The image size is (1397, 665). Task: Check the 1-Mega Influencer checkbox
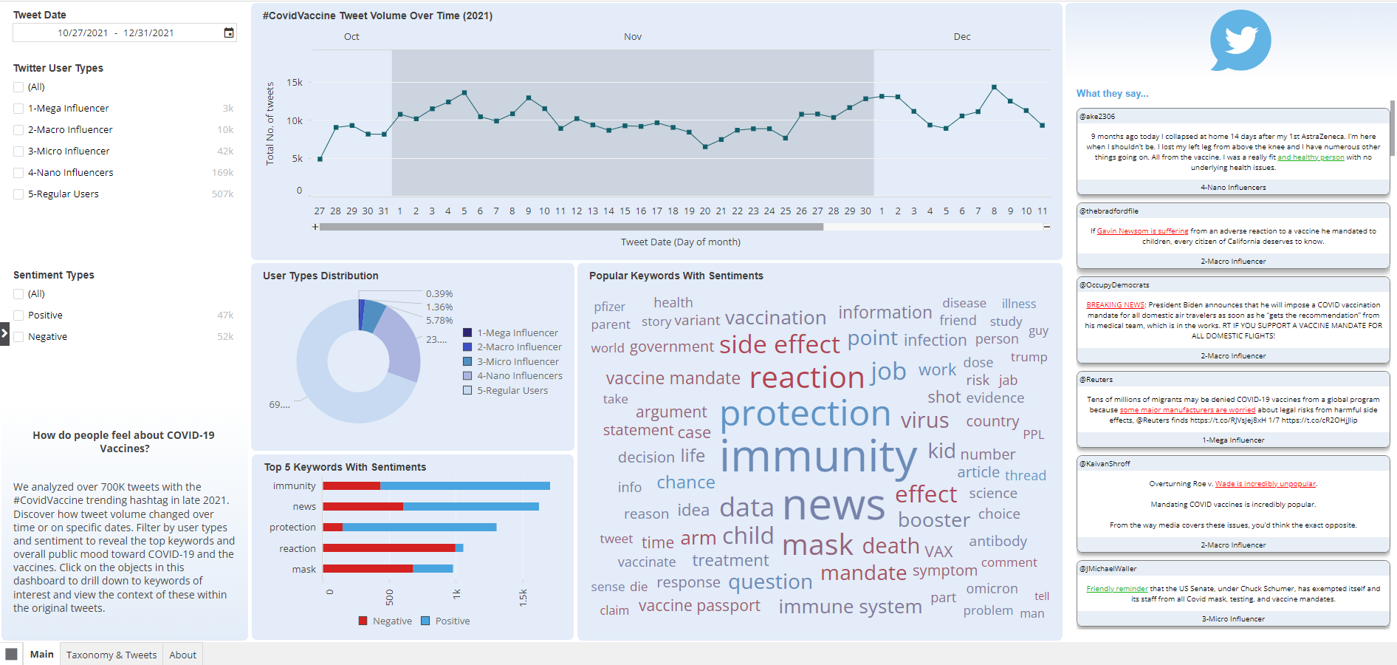point(18,109)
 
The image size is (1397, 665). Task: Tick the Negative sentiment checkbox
point(18,337)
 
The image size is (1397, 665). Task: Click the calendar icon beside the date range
point(229,33)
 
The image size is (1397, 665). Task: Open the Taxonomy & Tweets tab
point(111,655)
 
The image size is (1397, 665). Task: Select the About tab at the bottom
point(182,655)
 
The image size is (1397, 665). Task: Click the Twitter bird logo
point(1240,40)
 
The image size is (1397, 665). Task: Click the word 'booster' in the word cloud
point(933,520)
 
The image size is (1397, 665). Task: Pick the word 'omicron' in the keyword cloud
point(992,589)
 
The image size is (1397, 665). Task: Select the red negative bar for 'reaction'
point(388,548)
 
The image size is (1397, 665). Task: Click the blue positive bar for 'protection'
point(419,528)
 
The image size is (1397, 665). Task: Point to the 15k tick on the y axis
point(295,83)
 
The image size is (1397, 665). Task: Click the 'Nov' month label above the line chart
point(633,37)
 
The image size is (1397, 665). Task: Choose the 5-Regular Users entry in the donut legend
point(512,391)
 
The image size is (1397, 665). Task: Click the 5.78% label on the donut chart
point(439,321)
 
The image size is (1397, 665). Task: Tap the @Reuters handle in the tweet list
point(1096,380)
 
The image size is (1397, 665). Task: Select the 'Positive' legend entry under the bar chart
point(452,621)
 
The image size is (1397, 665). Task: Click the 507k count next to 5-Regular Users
point(222,194)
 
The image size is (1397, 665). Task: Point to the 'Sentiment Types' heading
point(54,275)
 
